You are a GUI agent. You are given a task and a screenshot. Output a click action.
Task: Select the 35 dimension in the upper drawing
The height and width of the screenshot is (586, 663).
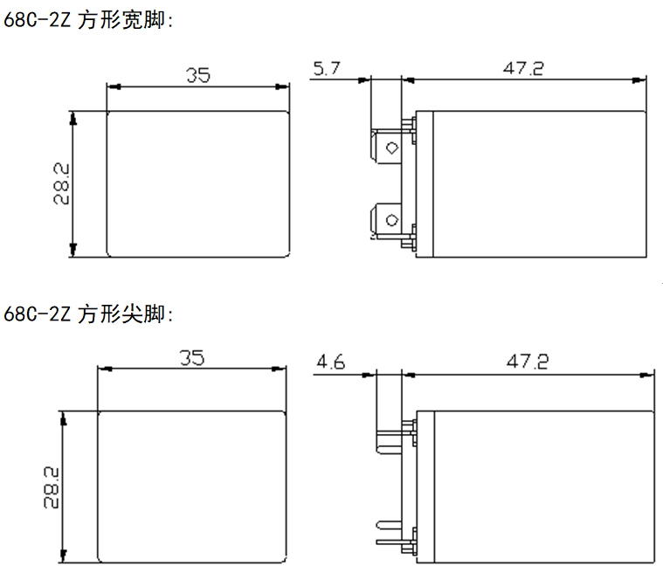click(197, 75)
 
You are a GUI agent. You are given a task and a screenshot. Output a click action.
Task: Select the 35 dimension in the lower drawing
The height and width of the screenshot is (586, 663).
click(192, 358)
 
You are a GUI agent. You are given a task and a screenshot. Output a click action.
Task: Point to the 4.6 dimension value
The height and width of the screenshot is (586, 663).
click(332, 361)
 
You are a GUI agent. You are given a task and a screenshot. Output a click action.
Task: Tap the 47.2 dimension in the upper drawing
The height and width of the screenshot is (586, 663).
click(522, 68)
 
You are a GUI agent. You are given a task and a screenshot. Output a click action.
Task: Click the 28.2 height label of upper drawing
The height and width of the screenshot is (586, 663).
click(61, 183)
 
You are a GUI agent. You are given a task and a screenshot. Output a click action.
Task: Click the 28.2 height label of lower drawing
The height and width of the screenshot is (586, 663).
click(51, 487)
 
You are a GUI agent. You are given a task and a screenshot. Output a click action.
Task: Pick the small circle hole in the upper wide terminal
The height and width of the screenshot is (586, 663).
click(391, 148)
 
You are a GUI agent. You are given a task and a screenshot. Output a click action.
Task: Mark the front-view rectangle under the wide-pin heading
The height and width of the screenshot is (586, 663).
click(197, 183)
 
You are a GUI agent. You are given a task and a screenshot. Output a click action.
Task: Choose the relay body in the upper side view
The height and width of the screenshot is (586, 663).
click(537, 183)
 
